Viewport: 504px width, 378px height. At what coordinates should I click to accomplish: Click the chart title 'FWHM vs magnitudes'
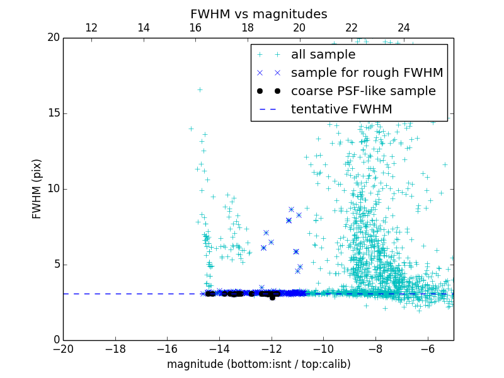258,14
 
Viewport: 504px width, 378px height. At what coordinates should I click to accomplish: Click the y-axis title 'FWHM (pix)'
37,188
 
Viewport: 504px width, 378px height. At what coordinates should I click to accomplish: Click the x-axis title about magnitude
258,364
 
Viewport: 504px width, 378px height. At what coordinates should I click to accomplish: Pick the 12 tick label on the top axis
91,28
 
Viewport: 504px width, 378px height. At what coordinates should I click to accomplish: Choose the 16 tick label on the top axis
195,28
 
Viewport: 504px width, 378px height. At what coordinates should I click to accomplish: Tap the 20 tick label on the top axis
299,28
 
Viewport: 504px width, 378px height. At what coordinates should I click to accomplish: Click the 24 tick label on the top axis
404,28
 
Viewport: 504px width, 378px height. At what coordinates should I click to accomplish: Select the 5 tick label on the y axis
55,265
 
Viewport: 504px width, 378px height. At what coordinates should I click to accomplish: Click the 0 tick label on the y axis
55,340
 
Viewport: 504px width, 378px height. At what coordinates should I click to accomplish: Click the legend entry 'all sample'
323,55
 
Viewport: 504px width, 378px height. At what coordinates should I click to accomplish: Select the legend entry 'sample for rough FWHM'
367,73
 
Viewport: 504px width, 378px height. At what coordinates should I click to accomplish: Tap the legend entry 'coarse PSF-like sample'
363,91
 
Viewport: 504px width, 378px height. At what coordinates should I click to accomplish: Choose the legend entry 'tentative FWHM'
341,110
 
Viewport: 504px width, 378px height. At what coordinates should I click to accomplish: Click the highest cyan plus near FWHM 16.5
200,89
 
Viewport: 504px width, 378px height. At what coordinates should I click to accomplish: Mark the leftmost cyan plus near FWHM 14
191,129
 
